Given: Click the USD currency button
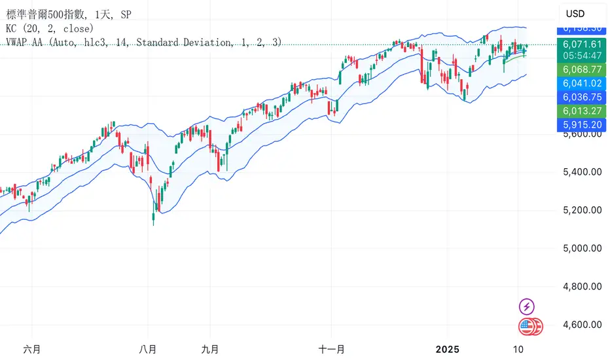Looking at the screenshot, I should [x=575, y=14].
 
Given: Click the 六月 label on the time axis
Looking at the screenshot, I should [x=31, y=348].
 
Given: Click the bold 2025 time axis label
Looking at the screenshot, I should [x=448, y=348].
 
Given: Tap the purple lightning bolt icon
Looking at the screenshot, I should [x=528, y=306].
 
